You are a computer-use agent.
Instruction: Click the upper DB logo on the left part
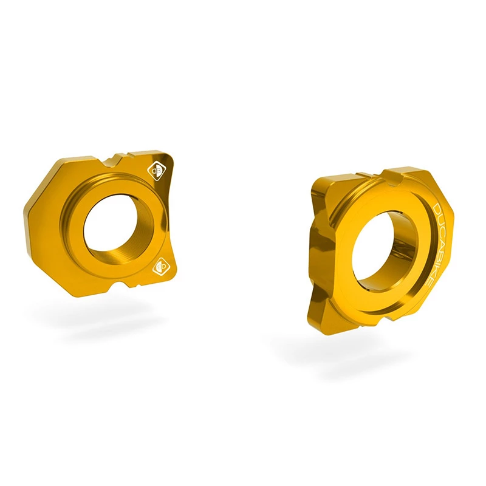157,171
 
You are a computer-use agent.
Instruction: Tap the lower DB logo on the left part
161,266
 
